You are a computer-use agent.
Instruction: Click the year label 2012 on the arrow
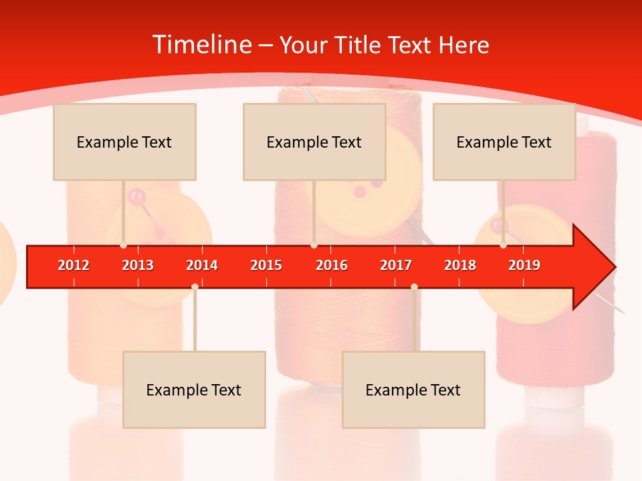[74, 265]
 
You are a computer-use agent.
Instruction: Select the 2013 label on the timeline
[138, 265]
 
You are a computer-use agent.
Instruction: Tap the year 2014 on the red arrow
[202, 265]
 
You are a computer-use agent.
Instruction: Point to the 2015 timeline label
[266, 265]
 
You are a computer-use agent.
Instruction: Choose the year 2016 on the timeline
[332, 265]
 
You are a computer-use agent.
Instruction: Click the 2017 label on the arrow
[396, 265]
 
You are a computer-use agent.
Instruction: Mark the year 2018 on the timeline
[460, 265]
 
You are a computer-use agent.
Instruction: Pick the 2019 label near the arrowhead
[524, 265]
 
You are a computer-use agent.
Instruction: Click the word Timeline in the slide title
[200, 45]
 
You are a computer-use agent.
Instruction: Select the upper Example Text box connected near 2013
[124, 142]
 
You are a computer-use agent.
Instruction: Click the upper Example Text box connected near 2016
[314, 142]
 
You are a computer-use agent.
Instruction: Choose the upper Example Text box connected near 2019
[504, 142]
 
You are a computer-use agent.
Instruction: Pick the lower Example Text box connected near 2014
[194, 389]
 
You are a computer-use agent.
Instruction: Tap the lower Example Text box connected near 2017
[413, 389]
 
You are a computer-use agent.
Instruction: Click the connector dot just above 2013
[123, 245]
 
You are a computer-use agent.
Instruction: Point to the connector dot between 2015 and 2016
[314, 245]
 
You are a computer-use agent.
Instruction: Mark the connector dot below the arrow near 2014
[195, 287]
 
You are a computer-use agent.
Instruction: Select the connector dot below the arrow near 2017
[414, 287]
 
